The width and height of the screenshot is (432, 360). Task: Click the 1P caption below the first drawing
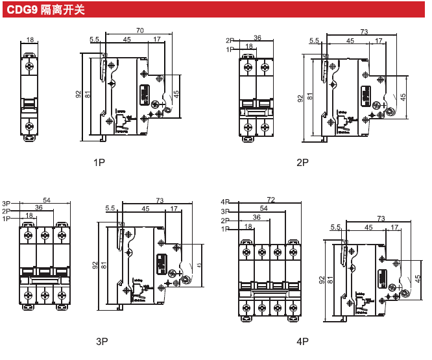tap(99, 162)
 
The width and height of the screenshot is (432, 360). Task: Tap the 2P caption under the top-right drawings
tap(303, 162)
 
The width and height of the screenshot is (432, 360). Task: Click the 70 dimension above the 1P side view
tap(139, 30)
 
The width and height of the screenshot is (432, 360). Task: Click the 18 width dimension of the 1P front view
tap(30, 40)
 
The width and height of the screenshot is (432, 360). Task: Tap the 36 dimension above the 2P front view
tap(257, 38)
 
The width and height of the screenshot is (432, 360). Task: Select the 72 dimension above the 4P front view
tap(270, 200)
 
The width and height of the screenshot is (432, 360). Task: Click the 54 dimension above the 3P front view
tap(47, 200)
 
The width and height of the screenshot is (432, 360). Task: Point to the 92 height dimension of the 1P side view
tap(78, 94)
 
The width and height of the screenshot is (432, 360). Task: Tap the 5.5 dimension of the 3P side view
tap(110, 208)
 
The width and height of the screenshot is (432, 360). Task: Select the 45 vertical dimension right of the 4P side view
tap(418, 278)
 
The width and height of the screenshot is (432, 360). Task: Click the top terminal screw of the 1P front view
tap(30, 66)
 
